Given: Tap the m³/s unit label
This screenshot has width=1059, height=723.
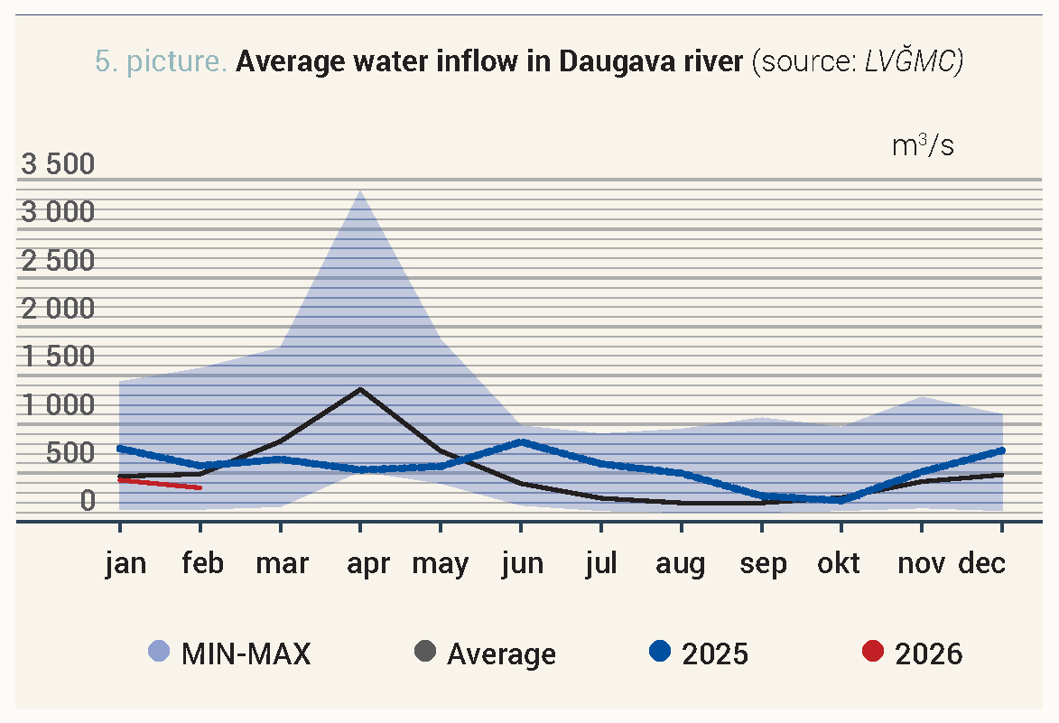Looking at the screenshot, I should click(923, 145).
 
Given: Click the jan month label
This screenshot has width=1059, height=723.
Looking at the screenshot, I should click(125, 564).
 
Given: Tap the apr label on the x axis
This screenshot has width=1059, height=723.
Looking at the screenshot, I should click(368, 564).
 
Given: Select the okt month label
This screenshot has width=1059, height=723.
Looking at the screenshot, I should click(839, 564).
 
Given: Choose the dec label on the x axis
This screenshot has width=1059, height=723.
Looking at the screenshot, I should click(981, 564).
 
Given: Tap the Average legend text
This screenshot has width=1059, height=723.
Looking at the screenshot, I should click(501, 653).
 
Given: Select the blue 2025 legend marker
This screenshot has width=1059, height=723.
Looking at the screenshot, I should click(661, 652).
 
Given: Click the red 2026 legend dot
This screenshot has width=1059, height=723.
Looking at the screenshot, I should click(873, 652).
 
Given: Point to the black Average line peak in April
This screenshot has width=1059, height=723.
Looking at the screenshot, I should click(360, 389).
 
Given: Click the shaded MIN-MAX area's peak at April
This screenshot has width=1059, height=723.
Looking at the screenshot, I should click(360, 190).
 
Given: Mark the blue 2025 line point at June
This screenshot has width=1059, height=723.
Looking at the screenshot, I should click(521, 441).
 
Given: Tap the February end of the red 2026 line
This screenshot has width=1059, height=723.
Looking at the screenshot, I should click(200, 487).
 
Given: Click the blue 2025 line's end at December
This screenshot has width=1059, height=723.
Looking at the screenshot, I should click(1001, 450).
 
